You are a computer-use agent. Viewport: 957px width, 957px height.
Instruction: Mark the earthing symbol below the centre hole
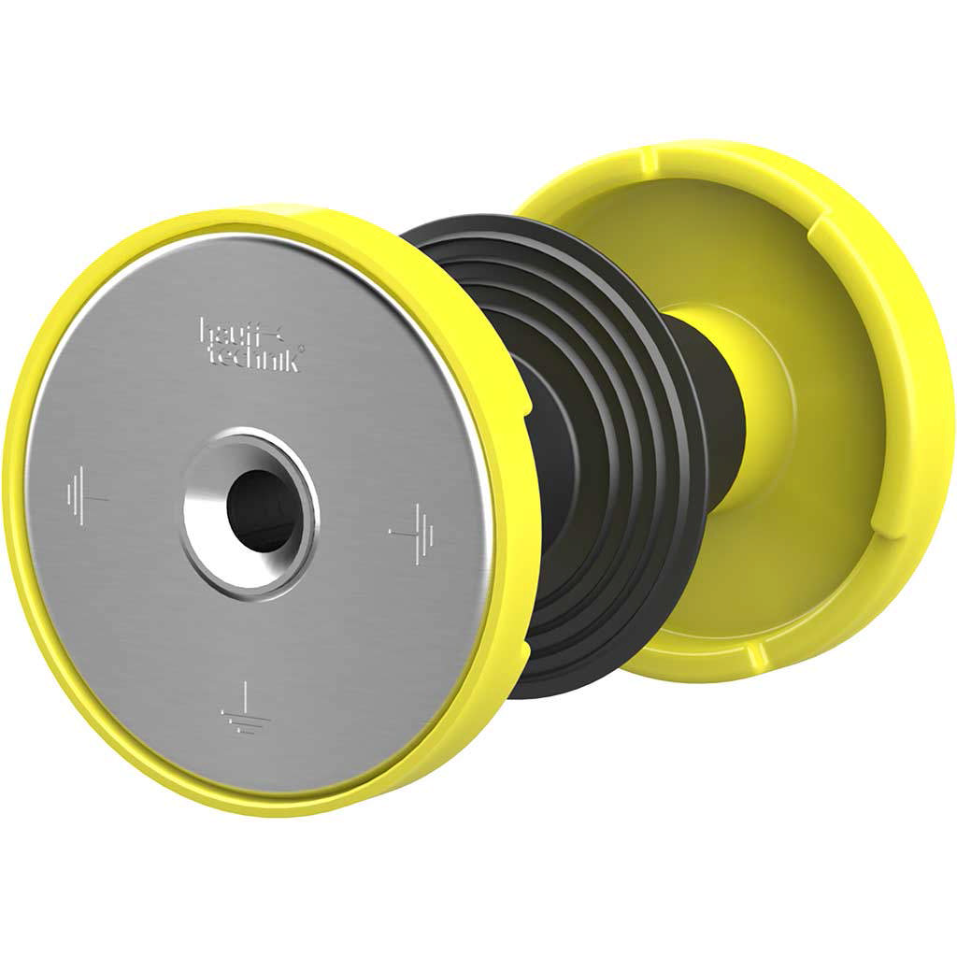(246, 708)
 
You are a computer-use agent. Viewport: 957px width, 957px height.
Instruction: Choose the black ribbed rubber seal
(574, 439)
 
